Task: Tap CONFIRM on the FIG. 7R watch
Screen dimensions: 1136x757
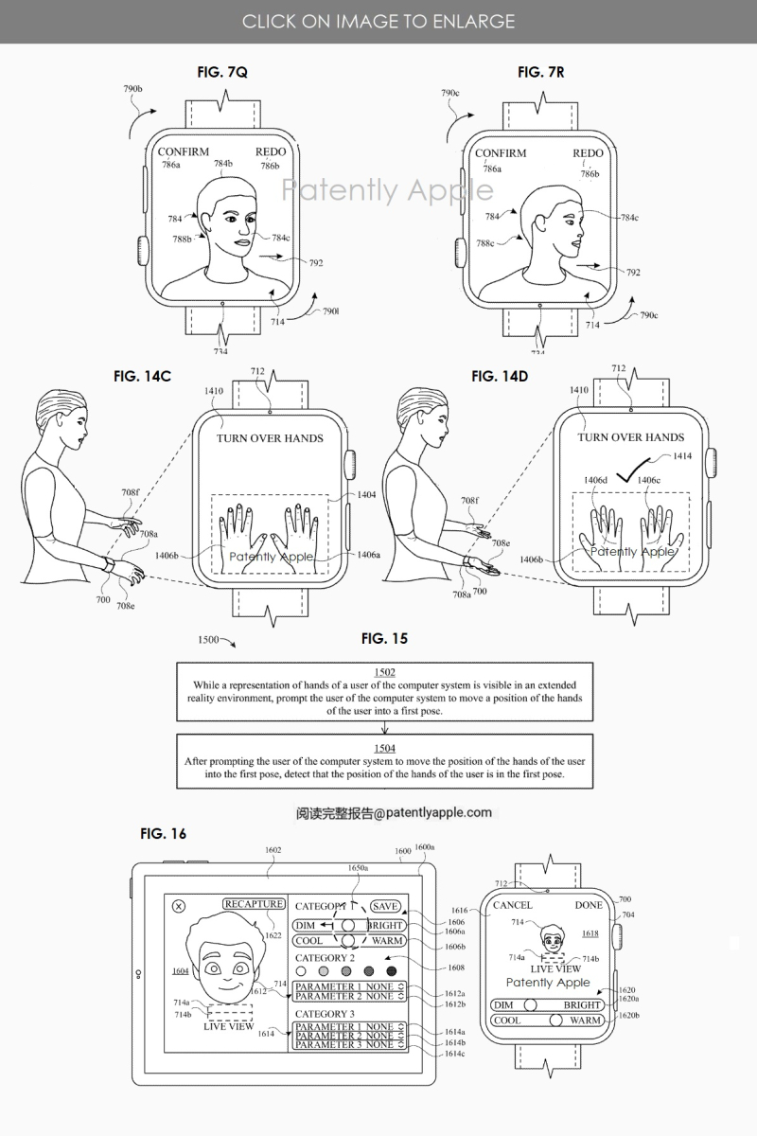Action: [x=501, y=153]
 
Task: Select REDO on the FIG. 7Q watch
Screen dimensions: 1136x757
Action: [x=271, y=152]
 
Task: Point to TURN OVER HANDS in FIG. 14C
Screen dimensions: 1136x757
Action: [x=270, y=438]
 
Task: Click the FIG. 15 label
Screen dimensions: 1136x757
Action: [x=385, y=638]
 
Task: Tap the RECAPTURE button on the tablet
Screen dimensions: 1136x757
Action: [x=254, y=904]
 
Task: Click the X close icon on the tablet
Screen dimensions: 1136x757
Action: [x=179, y=906]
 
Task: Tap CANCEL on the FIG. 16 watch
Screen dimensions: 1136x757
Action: [x=513, y=905]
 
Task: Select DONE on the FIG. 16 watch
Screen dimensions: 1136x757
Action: [x=589, y=905]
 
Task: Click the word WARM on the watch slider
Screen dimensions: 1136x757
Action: [x=586, y=1021]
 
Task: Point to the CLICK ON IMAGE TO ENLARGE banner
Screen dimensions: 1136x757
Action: [x=378, y=21]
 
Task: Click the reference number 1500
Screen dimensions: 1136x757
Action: [x=213, y=640]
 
